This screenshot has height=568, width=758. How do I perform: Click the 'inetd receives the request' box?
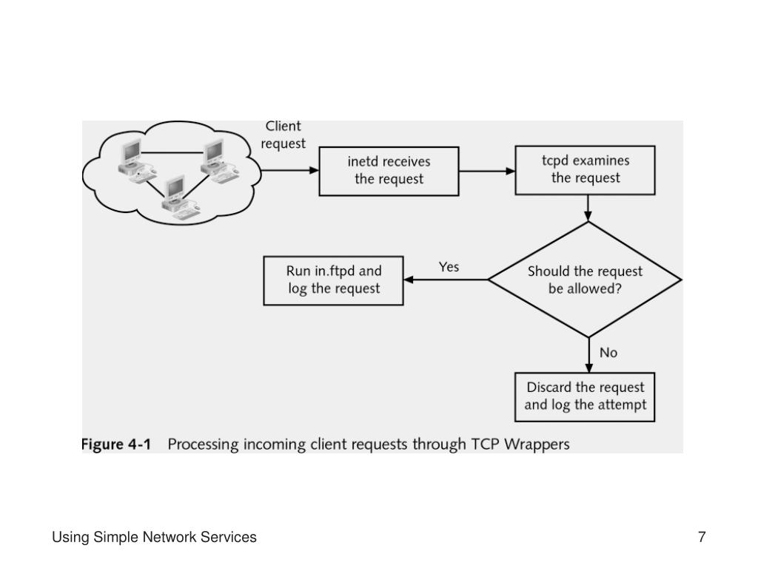[x=389, y=171]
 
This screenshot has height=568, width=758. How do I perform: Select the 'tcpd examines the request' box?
[x=586, y=169]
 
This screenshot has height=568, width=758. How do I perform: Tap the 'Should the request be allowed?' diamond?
[x=585, y=280]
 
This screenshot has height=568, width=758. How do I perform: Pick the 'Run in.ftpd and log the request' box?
[x=334, y=280]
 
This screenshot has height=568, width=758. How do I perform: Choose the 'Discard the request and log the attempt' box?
[x=585, y=396]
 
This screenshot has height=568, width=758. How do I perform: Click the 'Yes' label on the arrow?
[x=449, y=267]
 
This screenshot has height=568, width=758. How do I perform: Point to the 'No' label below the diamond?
[x=608, y=353]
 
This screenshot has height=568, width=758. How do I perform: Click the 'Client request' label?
[x=283, y=135]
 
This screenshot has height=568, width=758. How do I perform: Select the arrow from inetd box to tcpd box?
[x=487, y=171]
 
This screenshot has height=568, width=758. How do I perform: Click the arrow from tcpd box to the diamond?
[x=588, y=208]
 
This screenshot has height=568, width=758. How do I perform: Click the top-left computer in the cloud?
[x=132, y=158]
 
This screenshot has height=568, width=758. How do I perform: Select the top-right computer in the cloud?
[x=215, y=158]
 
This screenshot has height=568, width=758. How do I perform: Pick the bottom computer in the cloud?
[x=175, y=195]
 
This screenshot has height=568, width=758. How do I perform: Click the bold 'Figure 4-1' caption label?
[x=115, y=444]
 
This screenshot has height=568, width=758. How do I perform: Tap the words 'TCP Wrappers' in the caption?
[x=531, y=444]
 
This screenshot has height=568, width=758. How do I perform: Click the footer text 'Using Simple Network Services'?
[x=154, y=538]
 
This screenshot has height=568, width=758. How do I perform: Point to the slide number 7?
[x=701, y=538]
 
